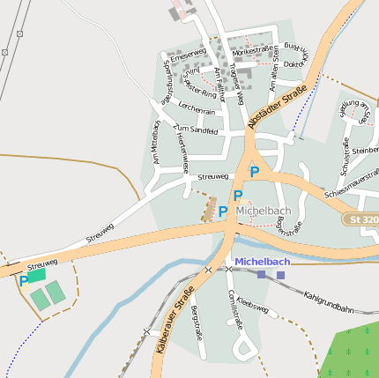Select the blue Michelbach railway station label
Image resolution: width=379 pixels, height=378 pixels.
pyautogui.click(x=263, y=262)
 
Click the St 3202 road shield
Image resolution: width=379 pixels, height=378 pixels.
pyautogui.click(x=362, y=218)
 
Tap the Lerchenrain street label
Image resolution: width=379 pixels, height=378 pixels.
pyautogui.click(x=197, y=111)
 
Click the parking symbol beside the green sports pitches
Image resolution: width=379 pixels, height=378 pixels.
pyautogui.click(x=23, y=282)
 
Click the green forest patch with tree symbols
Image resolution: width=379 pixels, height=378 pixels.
pyautogui.click(x=352, y=352)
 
